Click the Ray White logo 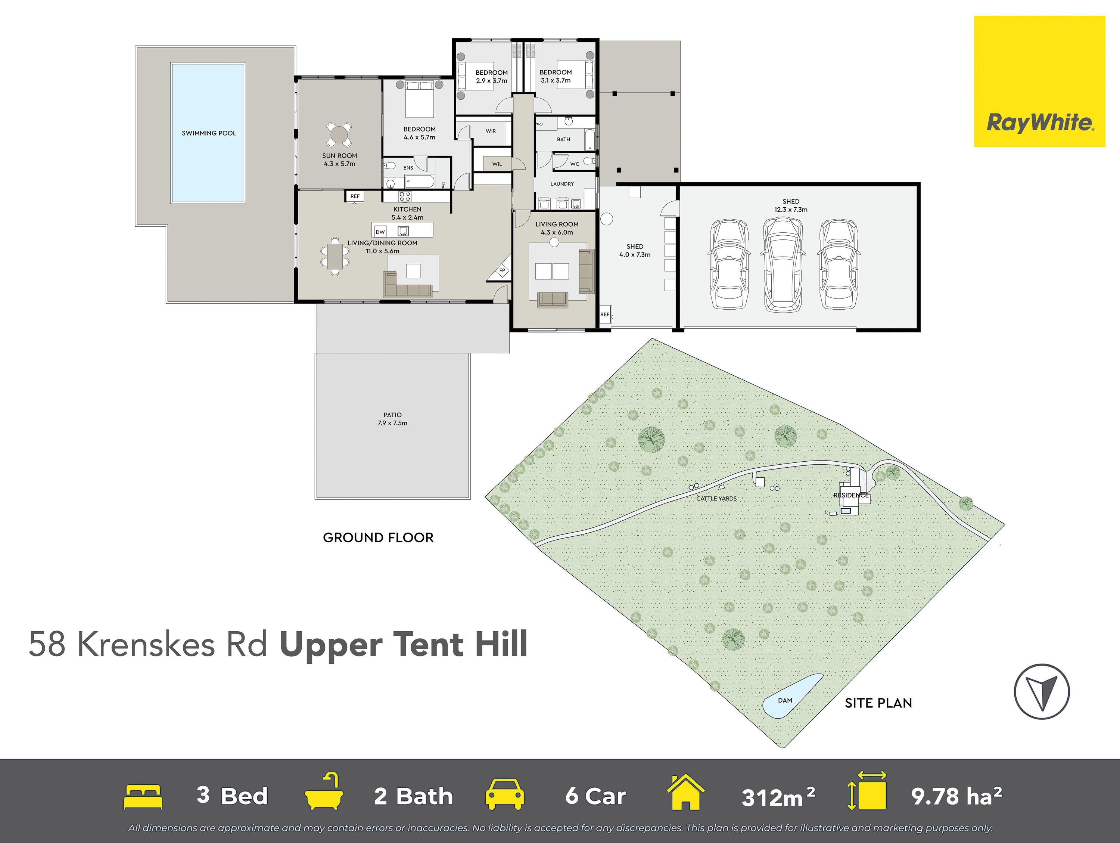point(1039,81)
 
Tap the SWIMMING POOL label point(209,133)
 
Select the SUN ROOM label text point(340,155)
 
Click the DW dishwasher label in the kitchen point(380,232)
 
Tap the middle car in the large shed point(783,264)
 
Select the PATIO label point(392,415)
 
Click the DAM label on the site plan point(785,701)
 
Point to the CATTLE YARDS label point(716,499)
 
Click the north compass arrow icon point(1042,691)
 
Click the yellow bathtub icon point(324,791)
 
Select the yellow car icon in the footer point(504,795)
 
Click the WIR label point(491,131)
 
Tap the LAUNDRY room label point(562,184)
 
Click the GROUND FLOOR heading point(378,537)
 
